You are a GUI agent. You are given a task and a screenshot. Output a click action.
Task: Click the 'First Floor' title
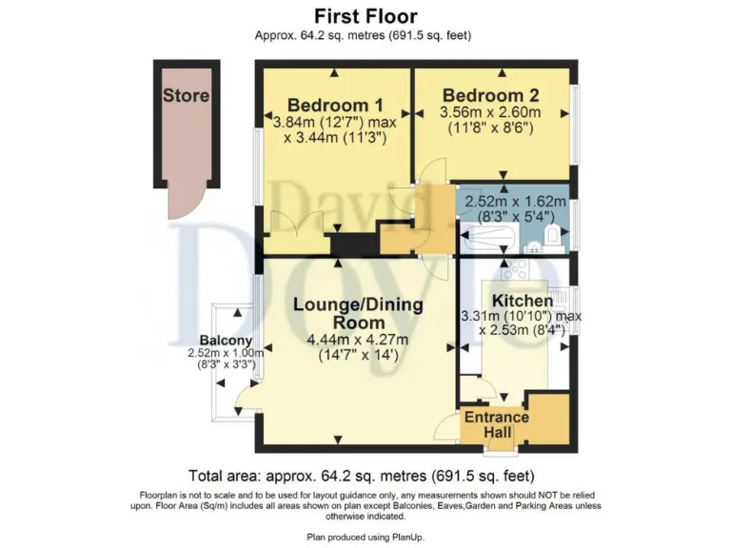[365, 16]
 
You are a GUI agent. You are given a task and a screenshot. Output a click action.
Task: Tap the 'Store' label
[186, 96]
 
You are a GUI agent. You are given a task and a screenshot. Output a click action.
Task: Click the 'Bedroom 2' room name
[490, 95]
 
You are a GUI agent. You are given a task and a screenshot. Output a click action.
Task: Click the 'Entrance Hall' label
[496, 424]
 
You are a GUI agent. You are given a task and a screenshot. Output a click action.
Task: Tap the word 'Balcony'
[226, 341]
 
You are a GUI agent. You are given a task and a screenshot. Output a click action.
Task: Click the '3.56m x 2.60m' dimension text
[490, 113]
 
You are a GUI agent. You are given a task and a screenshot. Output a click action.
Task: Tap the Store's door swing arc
[182, 203]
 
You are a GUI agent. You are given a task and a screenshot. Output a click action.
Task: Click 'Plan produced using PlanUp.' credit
[365, 538]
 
